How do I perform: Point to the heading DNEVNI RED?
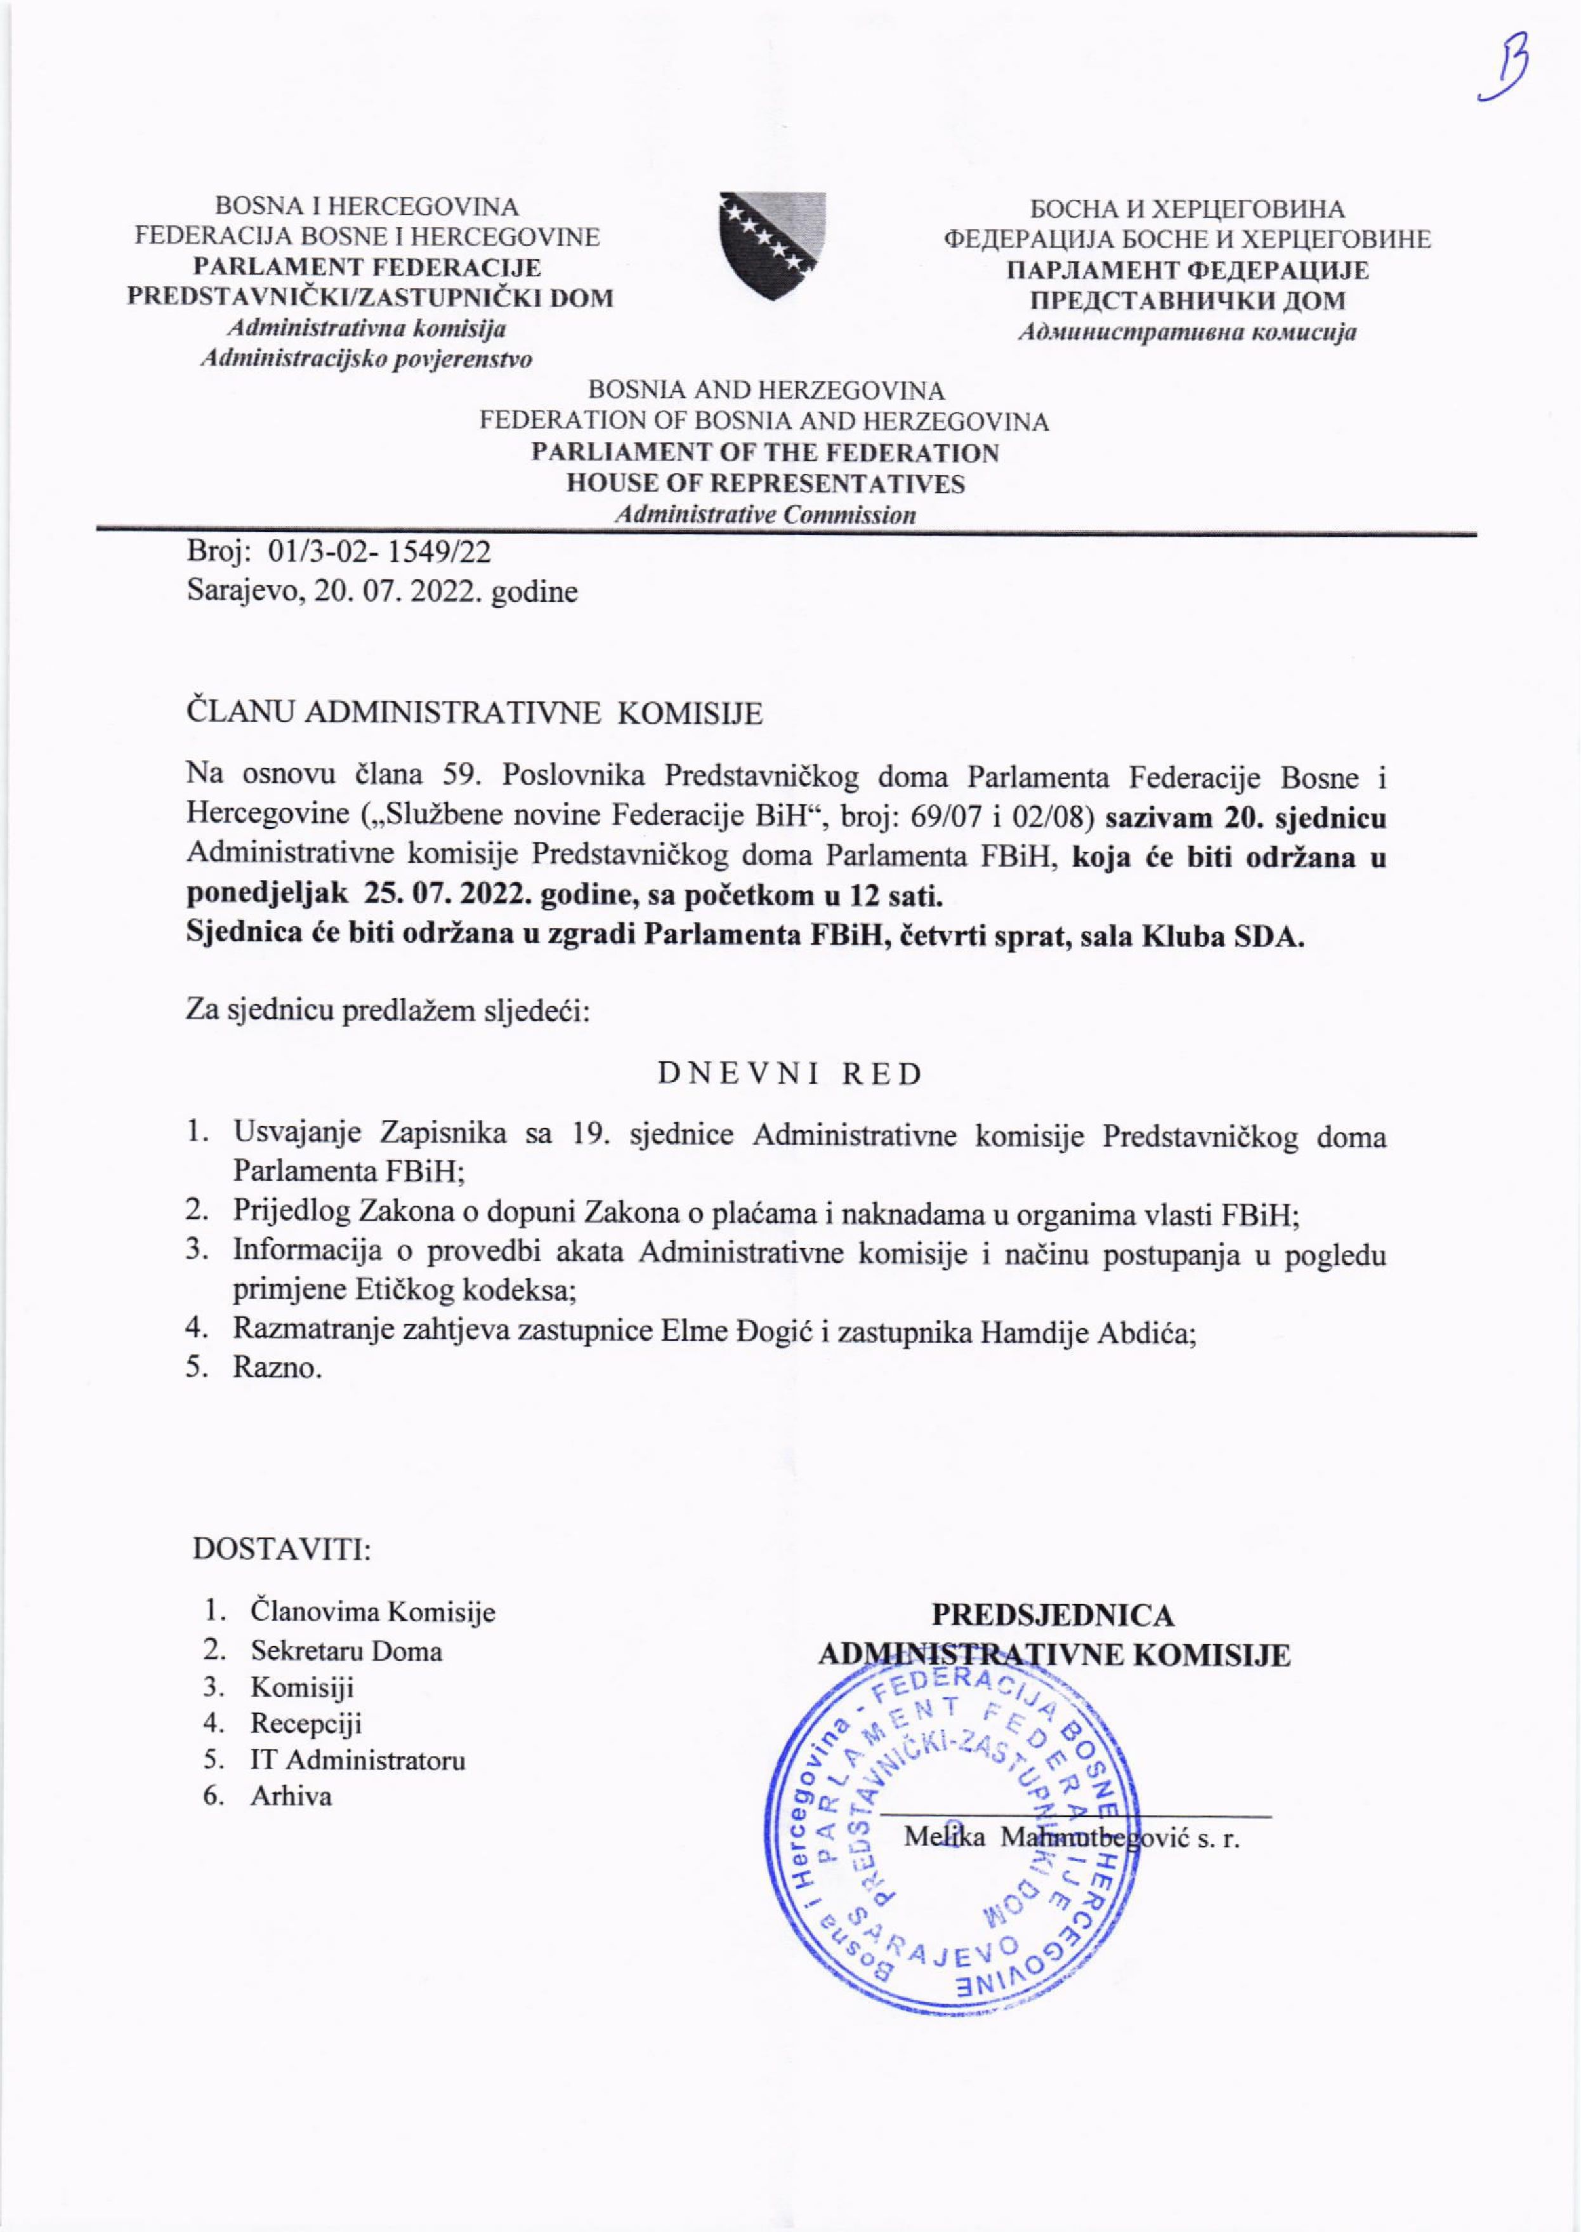(x=789, y=1074)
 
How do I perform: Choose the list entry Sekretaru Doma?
(x=346, y=1651)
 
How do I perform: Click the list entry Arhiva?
(x=291, y=1796)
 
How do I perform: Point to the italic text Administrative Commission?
(x=766, y=515)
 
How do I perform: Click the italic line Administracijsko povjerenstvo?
(x=366, y=359)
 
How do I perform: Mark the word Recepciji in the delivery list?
(x=306, y=1724)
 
